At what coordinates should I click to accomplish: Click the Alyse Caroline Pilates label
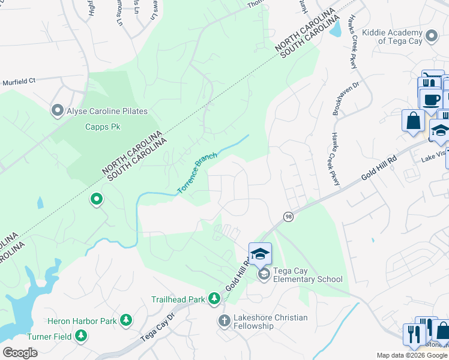(x=107, y=111)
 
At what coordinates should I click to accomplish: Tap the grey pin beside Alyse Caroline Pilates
(x=58, y=110)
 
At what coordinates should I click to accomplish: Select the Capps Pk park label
(x=103, y=127)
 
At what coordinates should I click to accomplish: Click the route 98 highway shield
(x=288, y=216)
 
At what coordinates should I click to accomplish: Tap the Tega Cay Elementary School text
(x=308, y=275)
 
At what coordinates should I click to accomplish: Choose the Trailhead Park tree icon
(x=214, y=298)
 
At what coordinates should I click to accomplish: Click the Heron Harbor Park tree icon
(x=125, y=320)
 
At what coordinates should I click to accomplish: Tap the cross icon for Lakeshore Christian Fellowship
(x=224, y=322)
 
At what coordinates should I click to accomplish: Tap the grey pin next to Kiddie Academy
(x=430, y=37)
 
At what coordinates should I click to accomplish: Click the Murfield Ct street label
(x=19, y=82)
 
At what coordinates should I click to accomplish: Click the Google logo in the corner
(x=20, y=353)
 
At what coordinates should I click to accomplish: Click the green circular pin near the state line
(x=96, y=199)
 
